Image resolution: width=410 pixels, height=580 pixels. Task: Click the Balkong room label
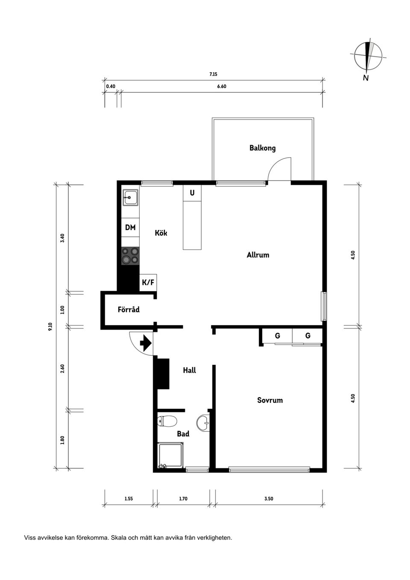click(x=262, y=148)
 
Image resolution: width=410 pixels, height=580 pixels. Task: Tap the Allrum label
click(x=258, y=255)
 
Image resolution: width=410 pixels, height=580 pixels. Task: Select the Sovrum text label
click(x=270, y=400)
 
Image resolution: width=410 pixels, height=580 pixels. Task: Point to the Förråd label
click(x=129, y=309)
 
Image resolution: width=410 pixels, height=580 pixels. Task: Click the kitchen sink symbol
click(x=130, y=198)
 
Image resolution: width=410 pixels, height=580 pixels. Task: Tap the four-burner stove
click(x=130, y=256)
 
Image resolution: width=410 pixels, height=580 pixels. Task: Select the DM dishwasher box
click(x=130, y=227)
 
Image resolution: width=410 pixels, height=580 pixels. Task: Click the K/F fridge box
click(x=148, y=282)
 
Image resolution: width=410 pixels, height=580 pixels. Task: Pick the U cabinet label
click(x=192, y=193)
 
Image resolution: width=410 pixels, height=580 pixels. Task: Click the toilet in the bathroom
click(x=167, y=421)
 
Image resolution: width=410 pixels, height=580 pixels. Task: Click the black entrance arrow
click(x=146, y=343)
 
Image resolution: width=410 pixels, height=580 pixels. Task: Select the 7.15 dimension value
click(x=213, y=74)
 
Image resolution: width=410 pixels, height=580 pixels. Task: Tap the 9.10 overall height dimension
click(x=50, y=326)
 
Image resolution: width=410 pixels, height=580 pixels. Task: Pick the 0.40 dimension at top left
click(x=111, y=86)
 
